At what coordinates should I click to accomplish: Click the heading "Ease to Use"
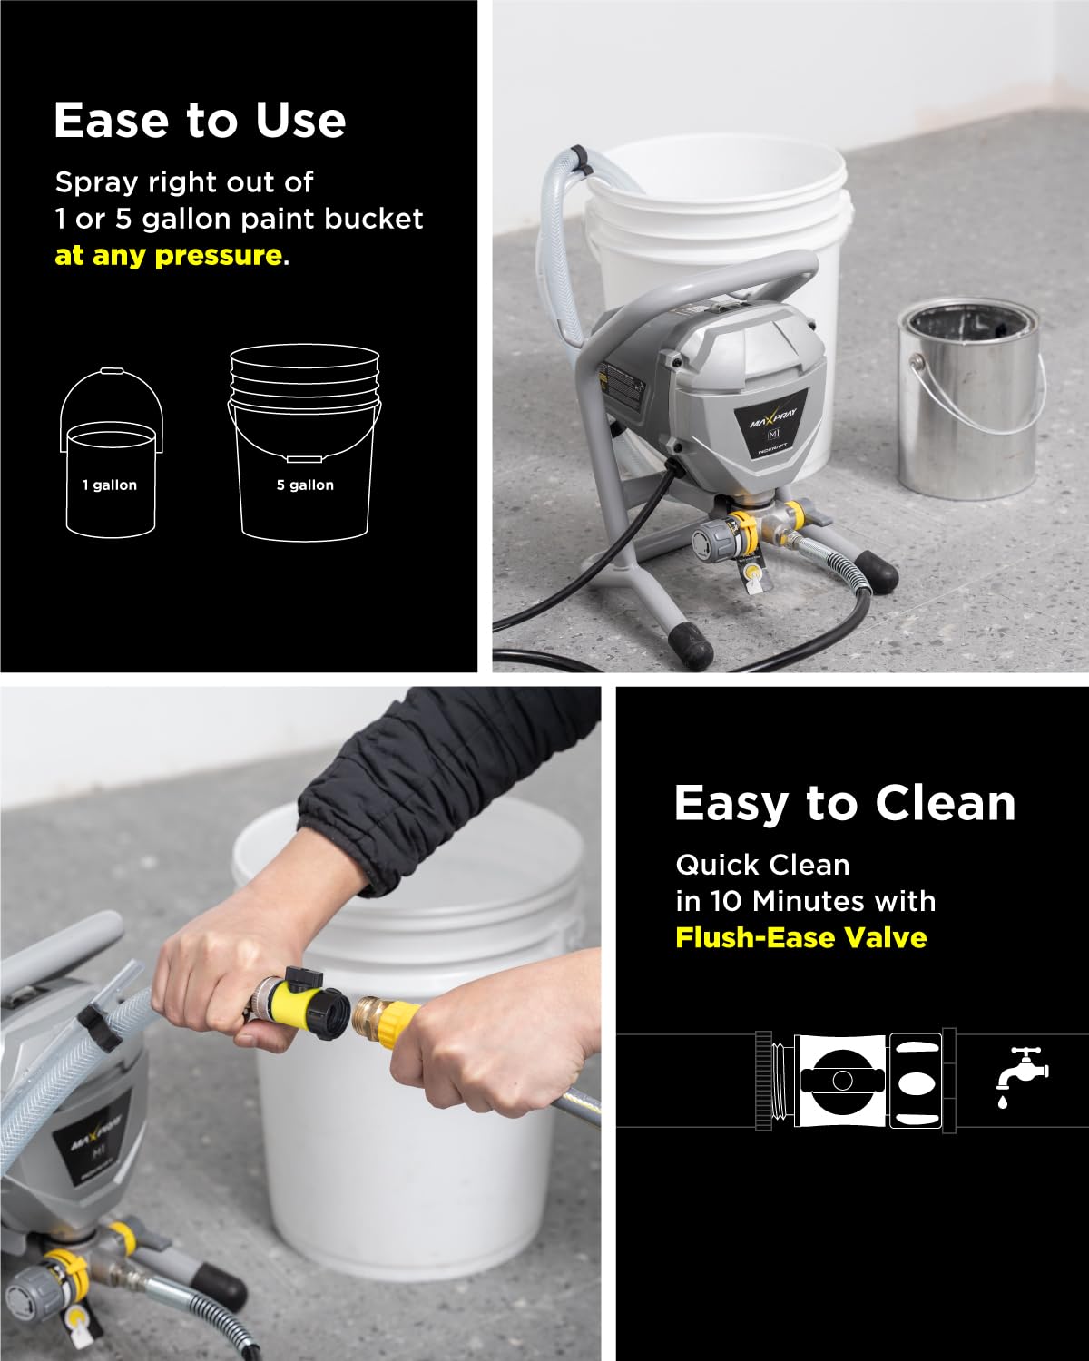point(200,120)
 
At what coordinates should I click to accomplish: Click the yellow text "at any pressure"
point(169,256)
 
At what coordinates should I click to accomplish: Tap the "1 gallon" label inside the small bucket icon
point(110,485)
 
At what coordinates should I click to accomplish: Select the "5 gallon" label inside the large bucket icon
point(305,485)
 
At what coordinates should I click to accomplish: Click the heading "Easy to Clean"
point(845,803)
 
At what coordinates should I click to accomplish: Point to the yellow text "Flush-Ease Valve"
point(801,936)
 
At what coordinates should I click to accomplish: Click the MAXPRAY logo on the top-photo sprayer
point(770,419)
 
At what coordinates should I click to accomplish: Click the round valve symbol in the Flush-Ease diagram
point(842,1080)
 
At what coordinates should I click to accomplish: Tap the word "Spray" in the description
point(93,182)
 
